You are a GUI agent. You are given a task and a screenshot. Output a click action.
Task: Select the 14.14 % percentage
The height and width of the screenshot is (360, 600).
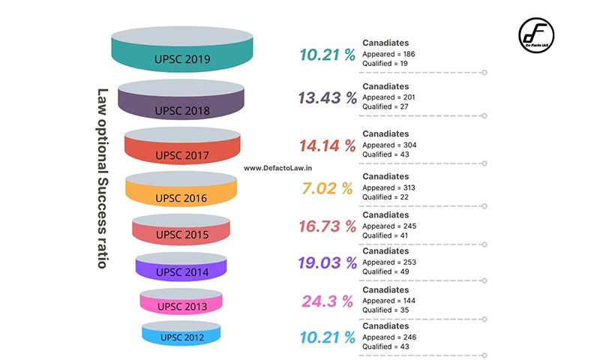[x=327, y=145]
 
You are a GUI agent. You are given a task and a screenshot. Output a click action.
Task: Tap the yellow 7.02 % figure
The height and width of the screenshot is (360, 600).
[x=327, y=188]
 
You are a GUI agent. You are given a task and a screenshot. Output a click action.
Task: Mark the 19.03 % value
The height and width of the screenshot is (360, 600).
[x=327, y=263]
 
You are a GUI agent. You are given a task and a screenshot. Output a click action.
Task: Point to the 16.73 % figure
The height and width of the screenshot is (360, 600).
[x=327, y=226]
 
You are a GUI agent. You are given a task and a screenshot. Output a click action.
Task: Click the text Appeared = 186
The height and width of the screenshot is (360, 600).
[x=388, y=54]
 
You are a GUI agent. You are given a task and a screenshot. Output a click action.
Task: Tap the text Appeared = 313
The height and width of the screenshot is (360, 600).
[x=388, y=187]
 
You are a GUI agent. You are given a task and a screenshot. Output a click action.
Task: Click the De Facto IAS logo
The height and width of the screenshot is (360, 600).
[x=538, y=36]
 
